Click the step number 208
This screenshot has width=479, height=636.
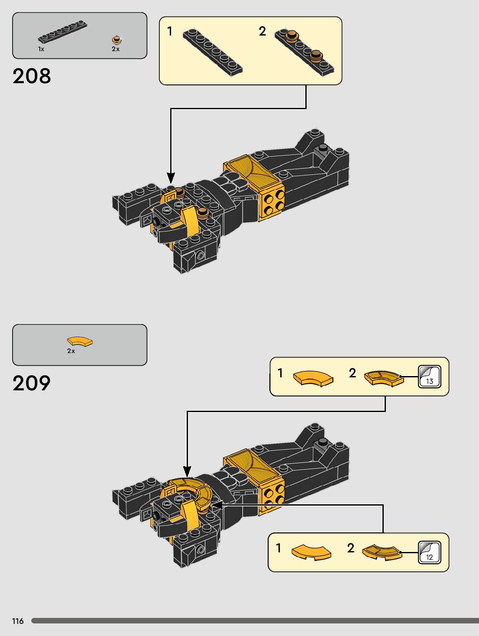tap(32, 76)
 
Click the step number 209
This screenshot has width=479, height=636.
tap(32, 383)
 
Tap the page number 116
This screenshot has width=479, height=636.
tap(18, 621)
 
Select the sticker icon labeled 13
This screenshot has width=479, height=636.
tap(429, 376)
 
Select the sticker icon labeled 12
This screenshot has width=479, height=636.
tap(429, 552)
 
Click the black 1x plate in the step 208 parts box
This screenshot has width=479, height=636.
tap(62, 32)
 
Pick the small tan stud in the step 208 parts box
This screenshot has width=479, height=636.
tap(116, 40)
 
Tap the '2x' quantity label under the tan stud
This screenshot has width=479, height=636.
tap(116, 49)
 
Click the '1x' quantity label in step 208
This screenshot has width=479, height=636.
tap(41, 49)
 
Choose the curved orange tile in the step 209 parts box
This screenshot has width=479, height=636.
tap(80, 341)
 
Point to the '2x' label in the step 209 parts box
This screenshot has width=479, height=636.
tap(71, 351)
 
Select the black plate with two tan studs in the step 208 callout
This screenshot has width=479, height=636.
tap(304, 51)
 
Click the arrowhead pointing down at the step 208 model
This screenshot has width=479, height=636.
tap(171, 178)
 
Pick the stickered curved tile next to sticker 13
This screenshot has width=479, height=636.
tap(383, 378)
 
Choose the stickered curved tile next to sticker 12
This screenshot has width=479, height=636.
tap(382, 552)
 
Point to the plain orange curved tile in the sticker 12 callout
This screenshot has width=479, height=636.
tap(311, 552)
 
